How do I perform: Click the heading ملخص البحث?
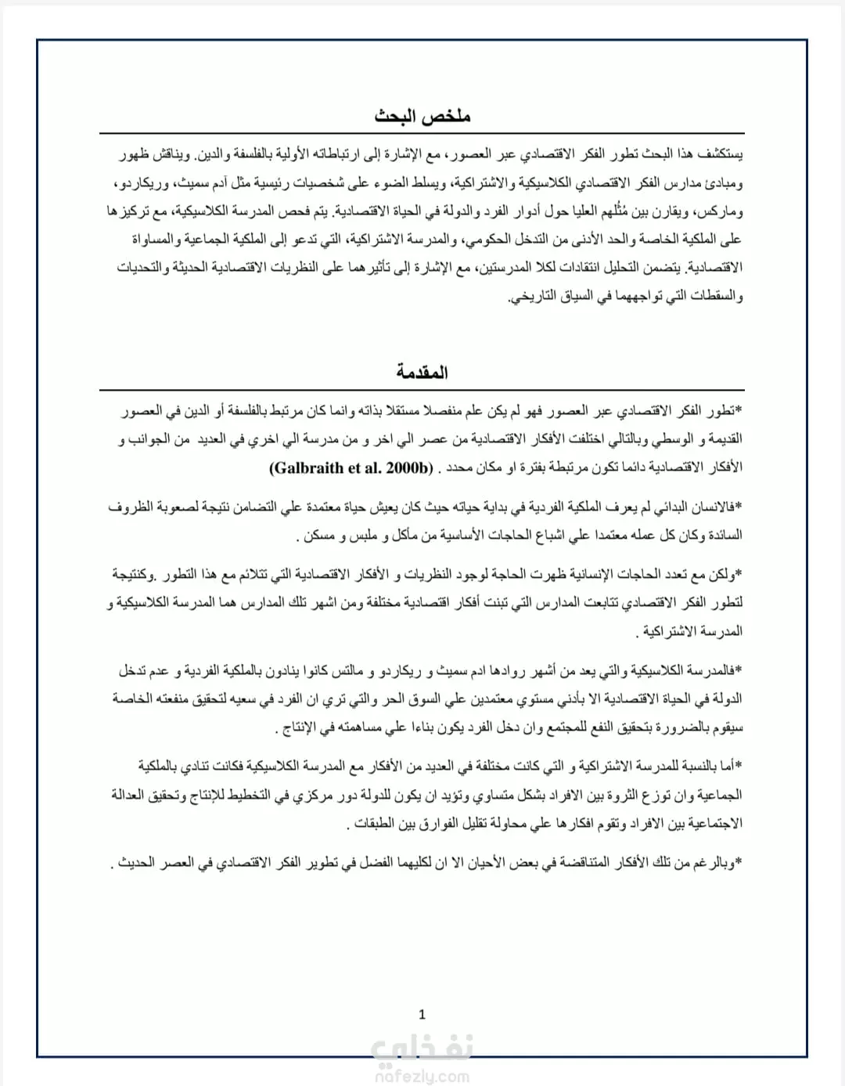click(x=422, y=117)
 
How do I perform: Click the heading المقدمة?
click(x=422, y=372)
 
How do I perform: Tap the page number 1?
click(x=422, y=1015)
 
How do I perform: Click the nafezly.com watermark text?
click(x=422, y=1077)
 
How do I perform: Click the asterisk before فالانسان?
click(x=739, y=507)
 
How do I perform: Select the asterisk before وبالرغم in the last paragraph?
click(x=739, y=862)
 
